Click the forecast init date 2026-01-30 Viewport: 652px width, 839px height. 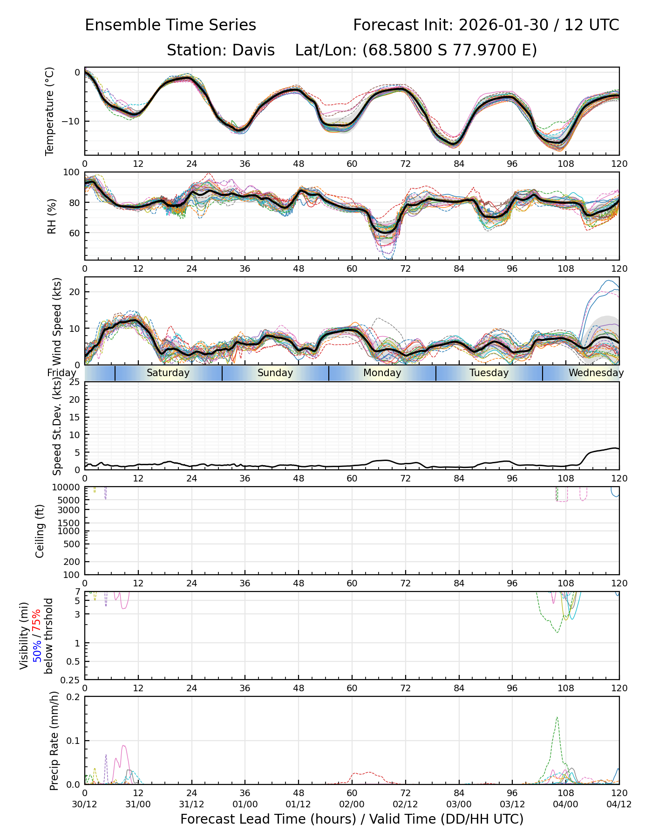503,25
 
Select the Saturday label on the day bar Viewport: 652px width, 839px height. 168,373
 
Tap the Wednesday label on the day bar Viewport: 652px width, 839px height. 596,373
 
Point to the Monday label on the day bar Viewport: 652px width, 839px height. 382,373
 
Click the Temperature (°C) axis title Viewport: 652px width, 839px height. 50,111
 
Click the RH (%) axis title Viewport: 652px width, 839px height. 52,216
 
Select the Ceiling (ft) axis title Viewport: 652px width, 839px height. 40,531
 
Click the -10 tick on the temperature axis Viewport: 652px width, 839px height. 71,121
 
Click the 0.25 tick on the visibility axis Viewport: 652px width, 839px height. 70,680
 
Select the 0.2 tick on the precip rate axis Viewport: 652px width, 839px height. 73,697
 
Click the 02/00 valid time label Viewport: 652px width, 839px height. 352,804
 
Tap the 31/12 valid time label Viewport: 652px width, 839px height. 191,804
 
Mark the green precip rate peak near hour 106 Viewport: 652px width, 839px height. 557,718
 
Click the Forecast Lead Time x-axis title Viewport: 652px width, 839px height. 352,819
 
